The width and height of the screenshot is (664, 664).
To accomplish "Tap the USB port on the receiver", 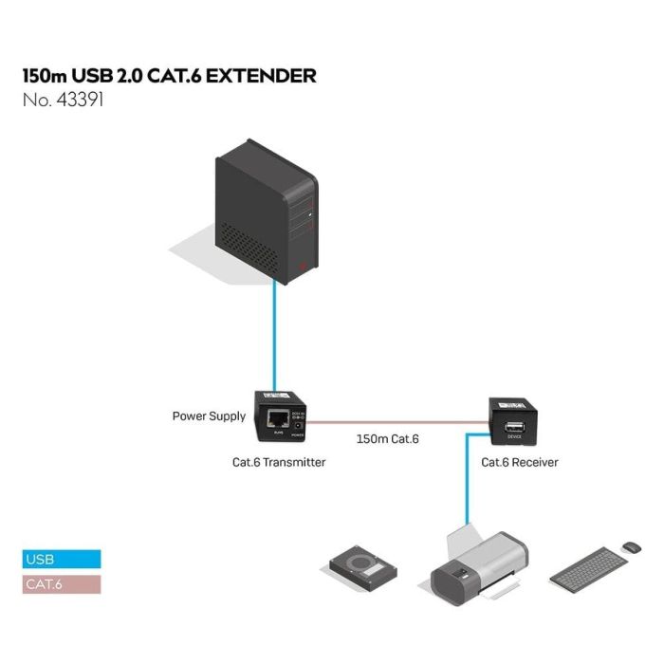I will coord(514,425).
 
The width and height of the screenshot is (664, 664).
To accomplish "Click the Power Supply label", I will coord(209,415).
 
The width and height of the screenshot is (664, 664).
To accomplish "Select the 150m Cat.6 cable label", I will coord(387,439).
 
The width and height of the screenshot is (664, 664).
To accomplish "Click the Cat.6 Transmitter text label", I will coord(279,463).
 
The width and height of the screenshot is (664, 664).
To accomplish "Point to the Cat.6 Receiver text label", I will coord(520,463).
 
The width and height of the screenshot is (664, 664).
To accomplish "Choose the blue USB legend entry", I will coord(61,560).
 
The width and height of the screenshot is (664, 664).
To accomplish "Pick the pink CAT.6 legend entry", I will coord(61,584).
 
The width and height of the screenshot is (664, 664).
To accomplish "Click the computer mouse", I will coord(631,547).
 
